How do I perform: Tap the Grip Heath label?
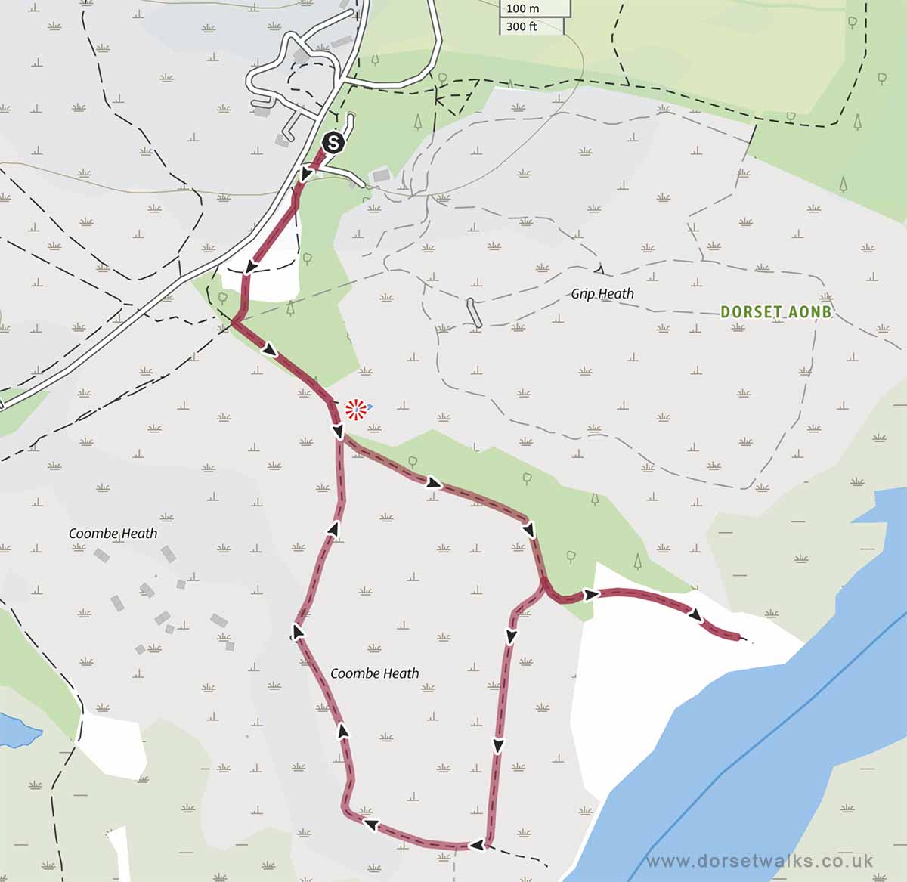click(x=602, y=294)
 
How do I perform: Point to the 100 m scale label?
click(x=522, y=8)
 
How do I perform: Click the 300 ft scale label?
click(x=522, y=26)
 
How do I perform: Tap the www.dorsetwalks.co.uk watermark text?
click(x=760, y=861)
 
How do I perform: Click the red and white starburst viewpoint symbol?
click(x=356, y=410)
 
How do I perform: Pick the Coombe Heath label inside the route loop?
click(x=374, y=673)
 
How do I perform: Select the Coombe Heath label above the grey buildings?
click(x=113, y=534)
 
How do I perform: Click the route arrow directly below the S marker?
click(x=305, y=175)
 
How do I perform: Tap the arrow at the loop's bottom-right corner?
click(x=476, y=844)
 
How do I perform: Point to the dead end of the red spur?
click(x=739, y=639)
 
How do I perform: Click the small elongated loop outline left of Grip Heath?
click(x=474, y=313)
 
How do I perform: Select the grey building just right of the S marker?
click(x=381, y=176)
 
